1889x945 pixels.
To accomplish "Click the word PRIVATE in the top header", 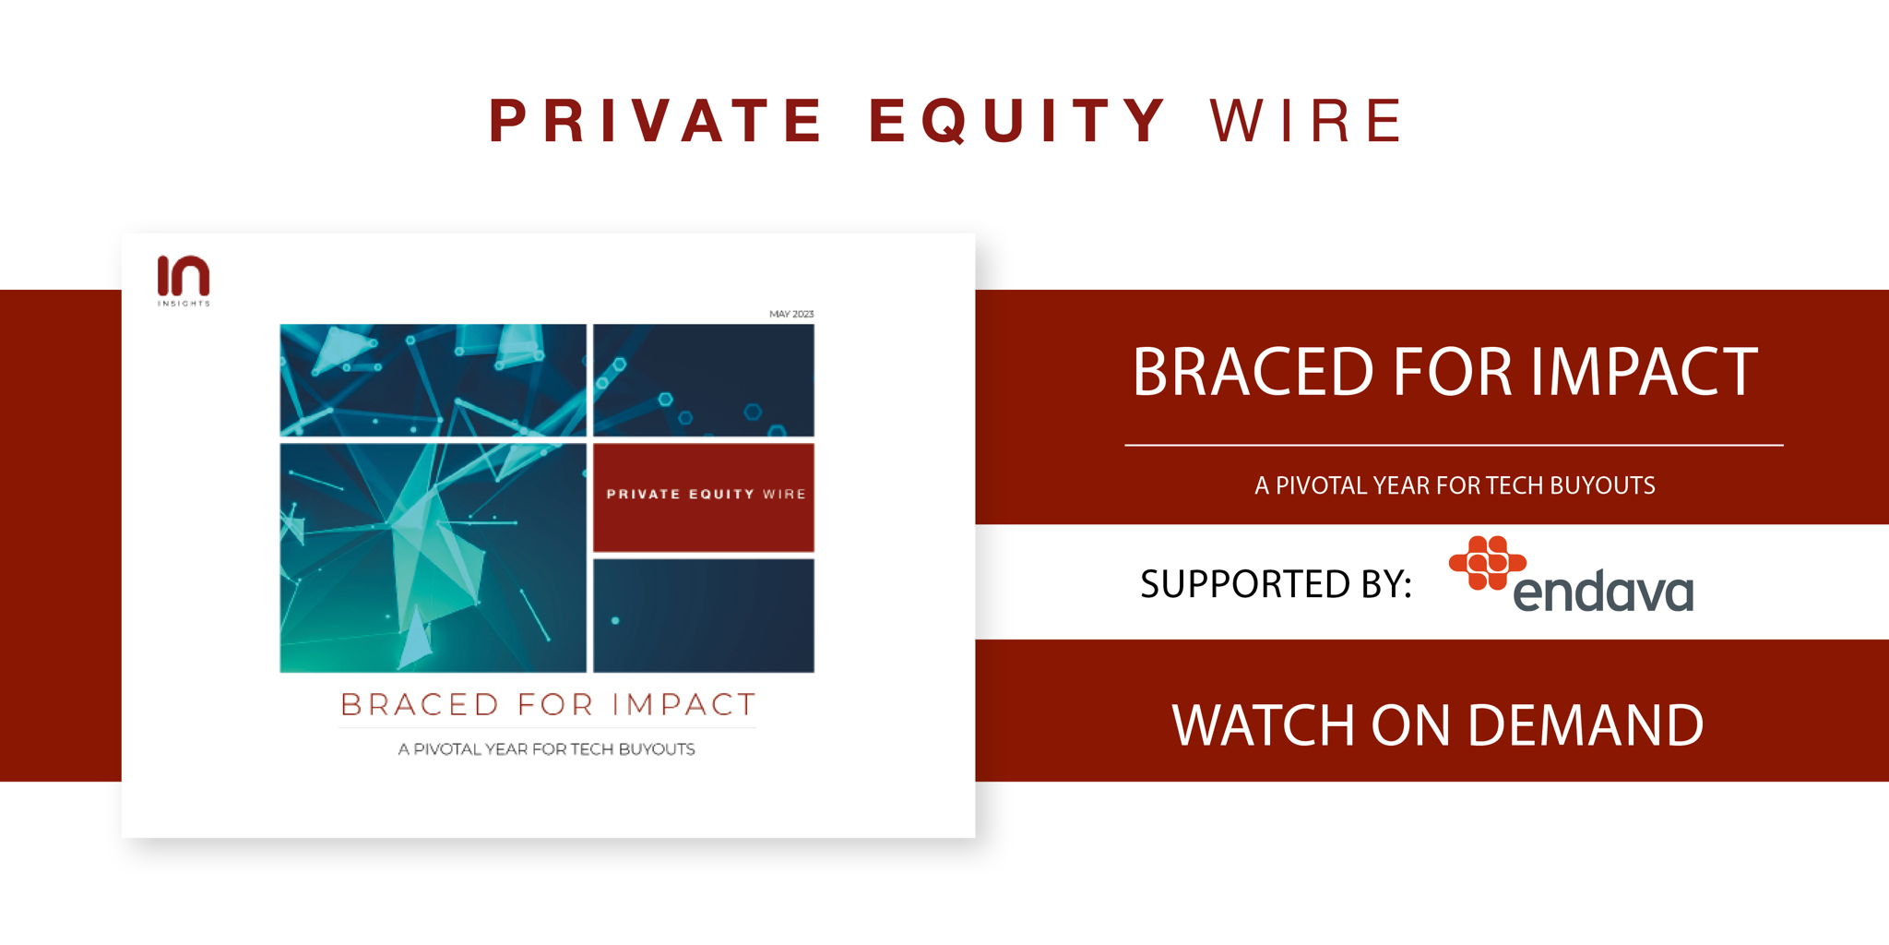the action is (x=655, y=121).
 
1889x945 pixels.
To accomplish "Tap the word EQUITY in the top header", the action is (x=1017, y=122).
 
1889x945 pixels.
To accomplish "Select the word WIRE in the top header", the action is (x=1305, y=121).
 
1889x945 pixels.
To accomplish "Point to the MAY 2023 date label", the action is (x=791, y=315).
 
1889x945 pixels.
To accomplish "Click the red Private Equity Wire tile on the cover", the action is (x=704, y=497).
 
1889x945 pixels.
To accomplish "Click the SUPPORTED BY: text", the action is (x=1276, y=584).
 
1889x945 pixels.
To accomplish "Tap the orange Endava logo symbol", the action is (x=1487, y=562).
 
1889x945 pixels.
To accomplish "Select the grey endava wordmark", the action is (x=1604, y=592).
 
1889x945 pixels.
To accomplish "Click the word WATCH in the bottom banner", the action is (x=1265, y=725).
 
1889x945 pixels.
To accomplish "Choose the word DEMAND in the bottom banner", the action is (x=1585, y=725).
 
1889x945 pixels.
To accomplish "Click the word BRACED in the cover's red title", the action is (x=420, y=705).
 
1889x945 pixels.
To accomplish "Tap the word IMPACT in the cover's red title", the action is (x=683, y=705).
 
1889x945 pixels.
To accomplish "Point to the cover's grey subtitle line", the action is (x=546, y=749).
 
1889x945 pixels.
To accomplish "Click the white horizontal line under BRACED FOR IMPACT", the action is (x=1454, y=446).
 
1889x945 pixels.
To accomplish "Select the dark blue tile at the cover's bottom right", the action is (x=704, y=616).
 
